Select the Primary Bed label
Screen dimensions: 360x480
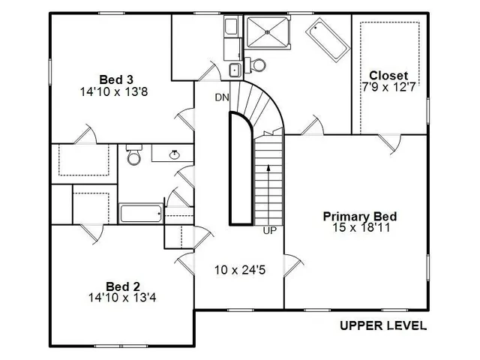click(360, 216)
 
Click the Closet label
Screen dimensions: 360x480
click(388, 76)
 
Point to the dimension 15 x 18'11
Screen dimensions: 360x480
click(360, 226)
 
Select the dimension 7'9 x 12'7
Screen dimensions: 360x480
click(388, 86)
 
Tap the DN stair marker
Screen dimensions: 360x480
click(222, 97)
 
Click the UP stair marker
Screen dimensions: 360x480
click(270, 231)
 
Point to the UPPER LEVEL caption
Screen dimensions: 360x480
click(383, 325)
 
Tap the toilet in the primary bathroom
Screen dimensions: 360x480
click(256, 64)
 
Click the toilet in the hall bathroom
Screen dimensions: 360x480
click(134, 155)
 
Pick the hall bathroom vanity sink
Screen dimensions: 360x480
click(174, 154)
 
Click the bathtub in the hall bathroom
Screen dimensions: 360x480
click(142, 213)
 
